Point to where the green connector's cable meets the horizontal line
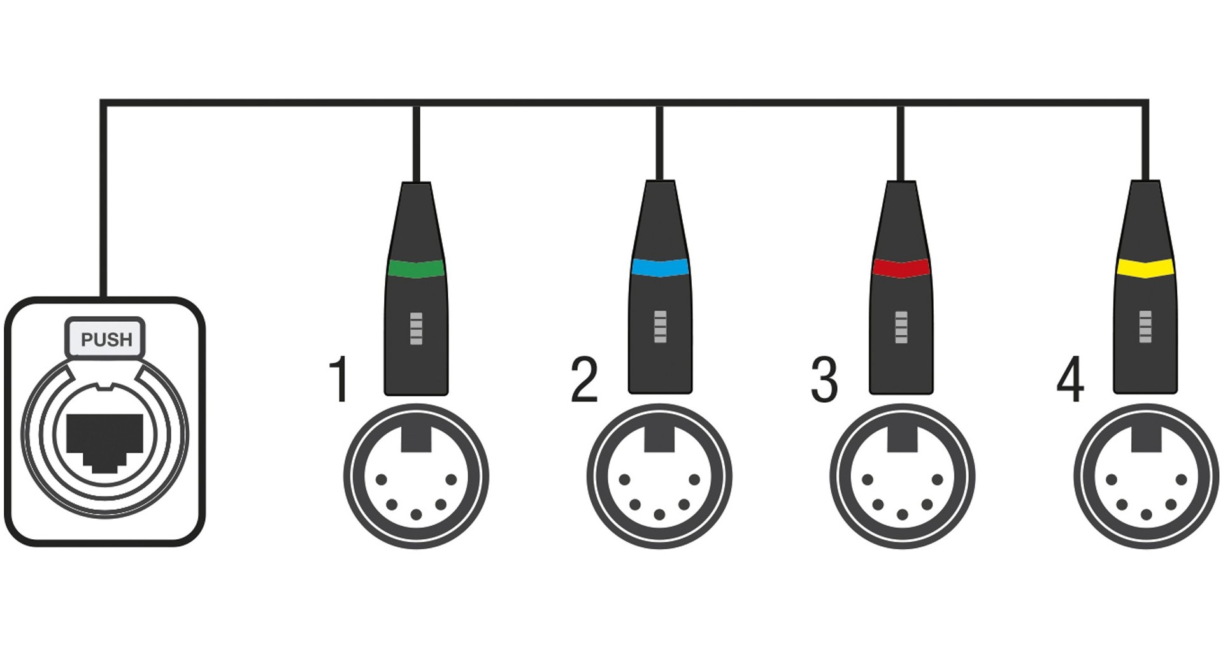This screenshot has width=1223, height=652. (x=416, y=103)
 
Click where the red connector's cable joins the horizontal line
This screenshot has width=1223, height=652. (x=900, y=103)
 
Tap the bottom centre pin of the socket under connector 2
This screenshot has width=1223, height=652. (x=659, y=514)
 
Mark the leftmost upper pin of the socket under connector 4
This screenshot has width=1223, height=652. (x=1112, y=479)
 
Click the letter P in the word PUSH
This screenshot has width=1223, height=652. (x=87, y=340)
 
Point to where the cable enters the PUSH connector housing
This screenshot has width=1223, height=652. (x=103, y=298)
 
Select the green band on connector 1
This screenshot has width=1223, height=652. (x=416, y=268)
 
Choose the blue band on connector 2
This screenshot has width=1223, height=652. (x=660, y=267)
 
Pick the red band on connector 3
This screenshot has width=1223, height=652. (x=901, y=268)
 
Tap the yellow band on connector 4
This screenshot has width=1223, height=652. (x=1145, y=268)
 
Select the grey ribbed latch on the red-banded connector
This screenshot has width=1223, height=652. (x=901, y=327)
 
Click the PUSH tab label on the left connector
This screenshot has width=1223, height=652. (x=106, y=338)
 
